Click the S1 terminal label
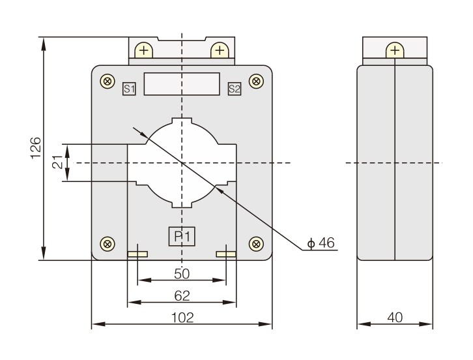tap(129, 89)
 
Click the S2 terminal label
tap(234, 89)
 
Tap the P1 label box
tap(182, 236)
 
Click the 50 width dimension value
tap(182, 273)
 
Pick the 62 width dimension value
tap(182, 295)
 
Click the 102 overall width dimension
tap(182, 318)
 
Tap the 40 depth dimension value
tap(395, 318)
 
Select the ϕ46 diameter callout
tap(321, 243)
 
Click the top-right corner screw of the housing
tap(256, 81)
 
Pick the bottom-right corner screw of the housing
tap(256, 244)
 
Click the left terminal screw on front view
tap(143, 50)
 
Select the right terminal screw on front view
tap(220, 50)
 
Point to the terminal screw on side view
tap(395, 50)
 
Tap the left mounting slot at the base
tap(137, 254)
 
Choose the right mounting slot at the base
tap(226, 254)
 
